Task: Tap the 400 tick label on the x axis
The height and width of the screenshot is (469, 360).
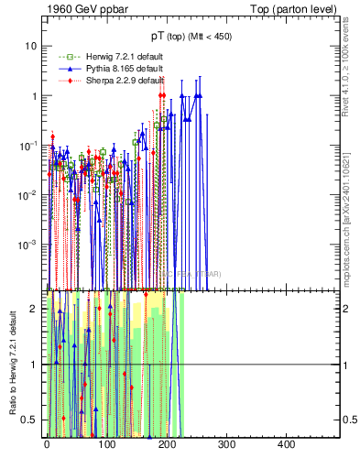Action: [x=285, y=444]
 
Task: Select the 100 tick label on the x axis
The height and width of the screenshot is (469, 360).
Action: [x=106, y=444]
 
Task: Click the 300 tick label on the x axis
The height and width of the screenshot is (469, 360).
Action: [x=225, y=444]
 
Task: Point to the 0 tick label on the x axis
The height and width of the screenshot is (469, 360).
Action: [x=47, y=444]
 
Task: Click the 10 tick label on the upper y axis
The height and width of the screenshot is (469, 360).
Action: [x=32, y=46]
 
